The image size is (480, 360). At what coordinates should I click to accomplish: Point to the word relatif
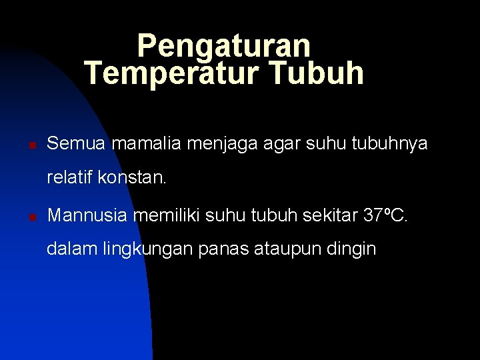tap(69, 178)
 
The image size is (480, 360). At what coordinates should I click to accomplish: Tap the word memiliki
tap(167, 215)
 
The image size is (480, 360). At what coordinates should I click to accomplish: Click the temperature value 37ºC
tap(385, 215)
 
